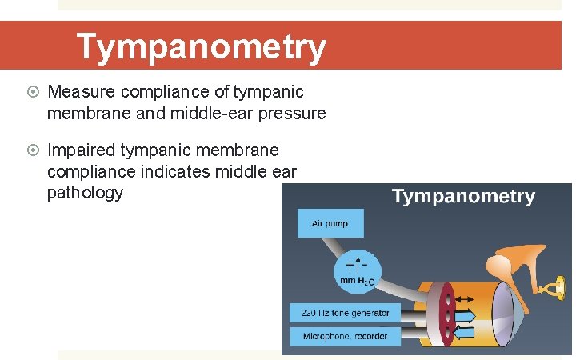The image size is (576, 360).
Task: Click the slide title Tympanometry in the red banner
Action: [201, 47]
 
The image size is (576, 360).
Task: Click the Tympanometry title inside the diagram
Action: [463, 197]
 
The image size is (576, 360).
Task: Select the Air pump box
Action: [330, 223]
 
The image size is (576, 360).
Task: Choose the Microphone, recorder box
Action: [345, 336]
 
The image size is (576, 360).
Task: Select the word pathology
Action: [85, 193]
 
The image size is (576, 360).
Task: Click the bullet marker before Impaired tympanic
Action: [35, 151]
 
